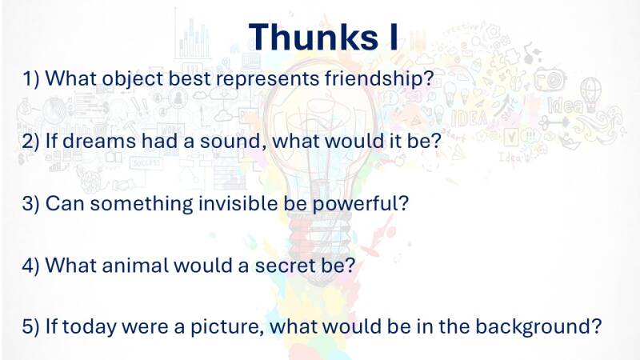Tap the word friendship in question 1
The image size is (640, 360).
point(378,78)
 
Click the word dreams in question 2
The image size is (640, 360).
point(98,141)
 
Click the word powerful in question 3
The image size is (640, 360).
point(360,204)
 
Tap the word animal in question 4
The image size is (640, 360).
point(134,265)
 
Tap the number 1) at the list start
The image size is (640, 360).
point(30,78)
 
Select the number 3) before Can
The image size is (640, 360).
point(30,203)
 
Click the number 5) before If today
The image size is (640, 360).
point(30,326)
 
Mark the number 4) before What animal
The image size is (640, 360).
point(30,266)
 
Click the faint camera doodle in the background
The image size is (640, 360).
point(550,79)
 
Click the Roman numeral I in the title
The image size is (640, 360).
point(394,37)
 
